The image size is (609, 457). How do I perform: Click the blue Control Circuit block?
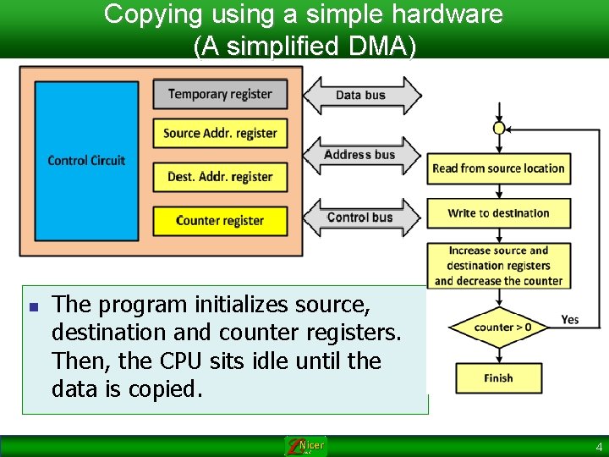[x=85, y=160]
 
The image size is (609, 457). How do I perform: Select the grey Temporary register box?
[x=220, y=94]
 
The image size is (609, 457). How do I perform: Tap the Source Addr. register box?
[x=220, y=133]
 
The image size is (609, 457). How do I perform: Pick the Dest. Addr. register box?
[x=220, y=177]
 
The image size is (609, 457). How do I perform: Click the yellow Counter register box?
[x=220, y=221]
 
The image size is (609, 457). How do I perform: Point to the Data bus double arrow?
[x=361, y=95]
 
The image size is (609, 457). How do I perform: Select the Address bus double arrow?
[x=360, y=155]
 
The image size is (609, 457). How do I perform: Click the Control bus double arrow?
[x=360, y=217]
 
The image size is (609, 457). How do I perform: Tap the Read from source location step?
[x=498, y=168]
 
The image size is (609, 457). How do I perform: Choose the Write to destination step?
[x=498, y=213]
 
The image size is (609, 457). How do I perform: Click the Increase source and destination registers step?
[x=498, y=266]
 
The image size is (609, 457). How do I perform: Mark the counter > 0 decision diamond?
[x=502, y=327]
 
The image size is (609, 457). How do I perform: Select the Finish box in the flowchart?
[x=498, y=378]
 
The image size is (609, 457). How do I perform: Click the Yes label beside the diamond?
[x=570, y=319]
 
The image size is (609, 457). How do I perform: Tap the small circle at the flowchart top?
[x=499, y=128]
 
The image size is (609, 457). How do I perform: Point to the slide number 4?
[x=599, y=447]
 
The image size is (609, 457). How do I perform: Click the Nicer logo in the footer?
[x=305, y=446]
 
